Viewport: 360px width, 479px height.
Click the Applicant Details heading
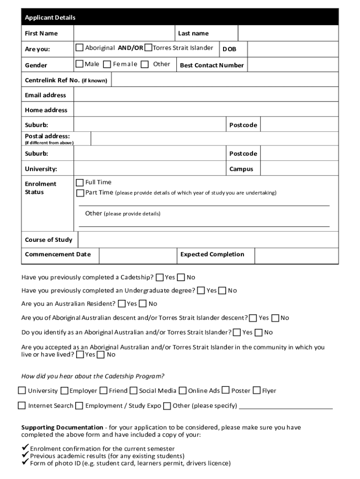[x=50, y=18]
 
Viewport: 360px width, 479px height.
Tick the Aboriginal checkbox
[x=79, y=48]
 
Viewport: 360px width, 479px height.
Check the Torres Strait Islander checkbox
[x=148, y=48]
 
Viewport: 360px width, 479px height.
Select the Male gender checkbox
[x=79, y=64]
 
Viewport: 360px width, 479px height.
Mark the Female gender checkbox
[x=107, y=64]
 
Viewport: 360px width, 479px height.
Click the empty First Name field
[x=123, y=33]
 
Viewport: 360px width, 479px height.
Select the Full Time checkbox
[x=80, y=182]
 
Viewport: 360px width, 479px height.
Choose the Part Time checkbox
[x=80, y=193]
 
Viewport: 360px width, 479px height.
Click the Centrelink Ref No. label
[x=65, y=80]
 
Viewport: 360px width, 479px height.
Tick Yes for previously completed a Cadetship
[x=160, y=277]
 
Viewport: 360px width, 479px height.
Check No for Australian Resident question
[x=143, y=304]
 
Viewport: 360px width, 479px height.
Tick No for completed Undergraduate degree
[x=223, y=290]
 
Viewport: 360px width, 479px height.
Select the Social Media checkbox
[x=134, y=391]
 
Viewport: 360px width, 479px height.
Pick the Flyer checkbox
[x=257, y=391]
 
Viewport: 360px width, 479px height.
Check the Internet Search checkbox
[x=22, y=406]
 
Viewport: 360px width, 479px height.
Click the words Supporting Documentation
[x=62, y=428]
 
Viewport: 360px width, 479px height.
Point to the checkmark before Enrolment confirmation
[x=25, y=448]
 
